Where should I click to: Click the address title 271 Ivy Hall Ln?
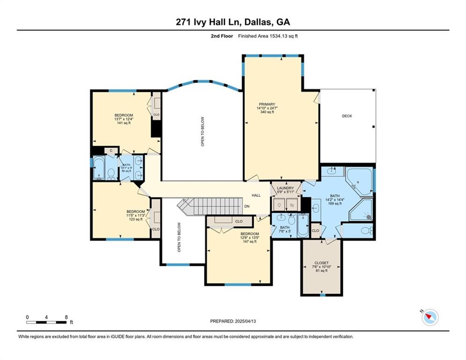(233, 22)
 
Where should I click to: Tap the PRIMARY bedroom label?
(266, 108)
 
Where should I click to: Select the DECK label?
(347, 116)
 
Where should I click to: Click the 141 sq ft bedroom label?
(124, 119)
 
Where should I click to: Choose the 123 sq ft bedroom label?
(136, 215)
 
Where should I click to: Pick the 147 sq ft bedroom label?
(249, 237)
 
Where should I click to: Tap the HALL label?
(256, 195)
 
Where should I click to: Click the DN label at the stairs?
(247, 206)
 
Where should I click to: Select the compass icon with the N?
(429, 317)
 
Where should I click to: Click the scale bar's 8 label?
(66, 317)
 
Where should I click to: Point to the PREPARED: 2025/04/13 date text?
(233, 321)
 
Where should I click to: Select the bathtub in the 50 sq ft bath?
(99, 168)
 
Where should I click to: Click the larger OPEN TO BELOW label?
(203, 131)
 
